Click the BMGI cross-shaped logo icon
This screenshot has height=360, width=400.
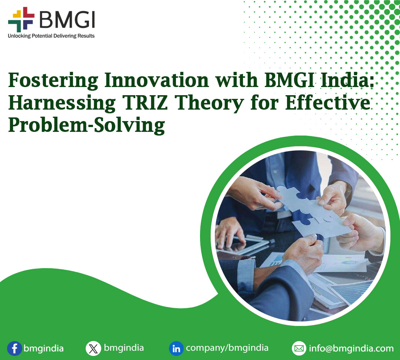tap(21, 20)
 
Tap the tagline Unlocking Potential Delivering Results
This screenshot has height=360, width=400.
tap(51, 36)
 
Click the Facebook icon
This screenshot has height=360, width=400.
tap(14, 349)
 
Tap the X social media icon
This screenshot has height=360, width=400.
tap(93, 349)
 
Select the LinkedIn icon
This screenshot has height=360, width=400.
tap(176, 349)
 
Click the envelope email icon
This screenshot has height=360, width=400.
tap(299, 349)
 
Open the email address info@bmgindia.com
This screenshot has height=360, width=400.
tap(351, 349)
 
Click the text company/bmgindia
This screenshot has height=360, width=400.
tap(227, 348)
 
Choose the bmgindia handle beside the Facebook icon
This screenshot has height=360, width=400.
tap(43, 349)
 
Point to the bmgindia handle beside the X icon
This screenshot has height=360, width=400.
tap(124, 348)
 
